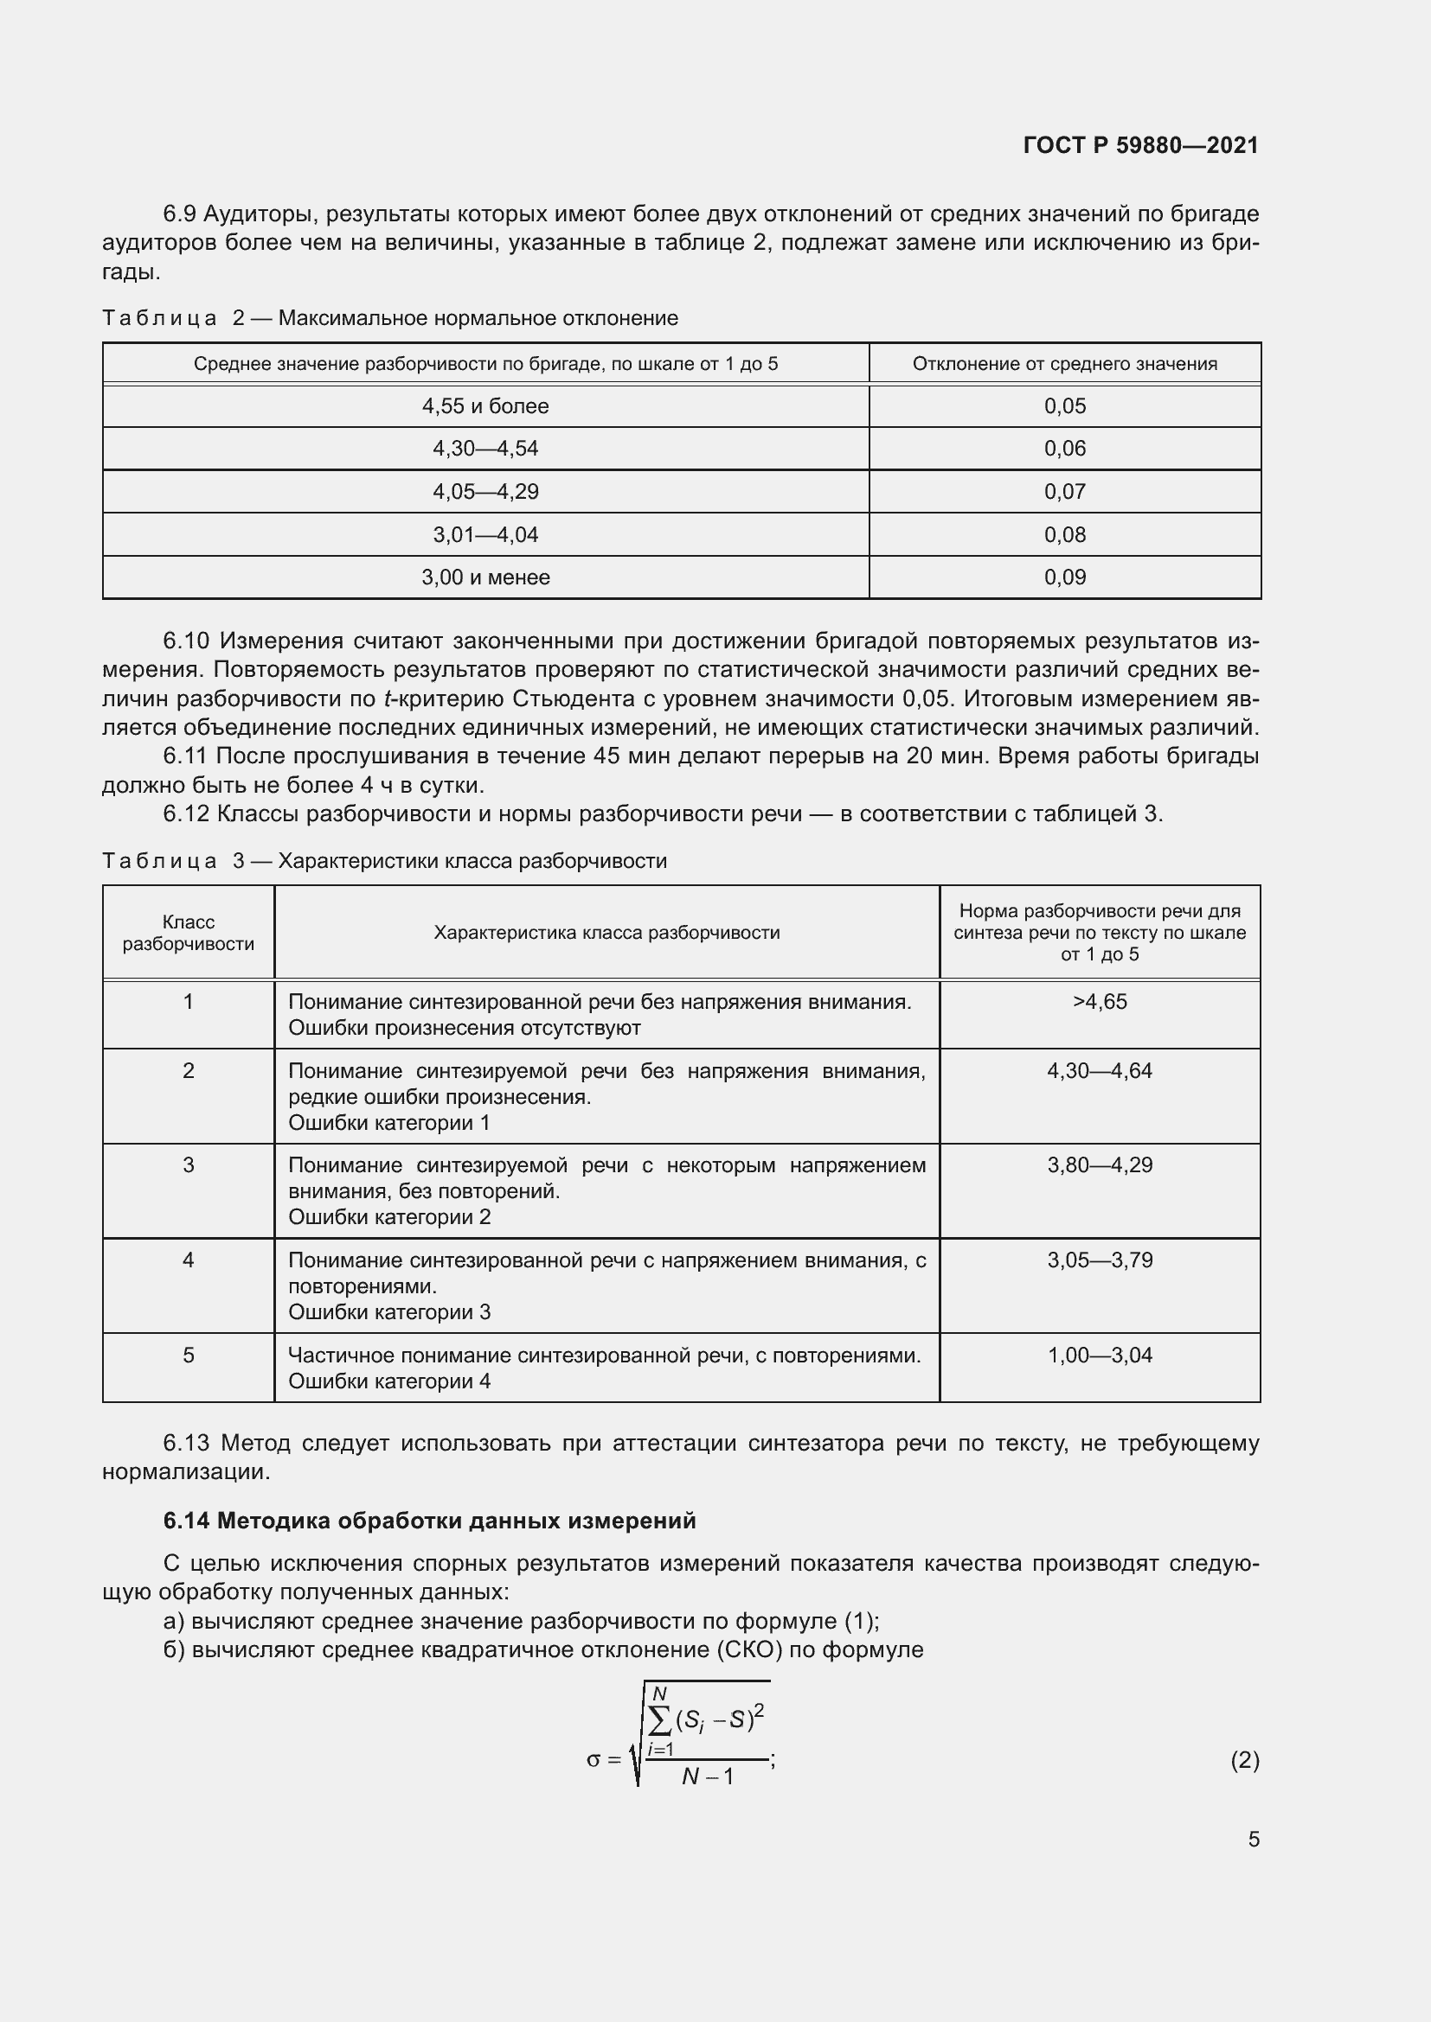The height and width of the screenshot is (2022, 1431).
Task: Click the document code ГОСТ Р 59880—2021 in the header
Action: pos(1141,145)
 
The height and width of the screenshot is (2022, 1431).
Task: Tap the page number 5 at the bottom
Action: pos(1253,1839)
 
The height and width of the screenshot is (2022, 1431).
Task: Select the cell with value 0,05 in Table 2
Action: pos(1064,406)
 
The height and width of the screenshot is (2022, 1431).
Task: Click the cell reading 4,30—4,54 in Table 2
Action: pos(485,449)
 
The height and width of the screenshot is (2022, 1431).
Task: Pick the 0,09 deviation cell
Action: pos(1064,577)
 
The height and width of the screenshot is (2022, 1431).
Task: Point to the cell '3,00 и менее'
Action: pos(485,577)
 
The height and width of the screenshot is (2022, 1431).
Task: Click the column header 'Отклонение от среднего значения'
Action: pos(1064,364)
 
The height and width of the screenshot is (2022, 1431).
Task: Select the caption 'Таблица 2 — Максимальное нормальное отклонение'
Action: pos(389,318)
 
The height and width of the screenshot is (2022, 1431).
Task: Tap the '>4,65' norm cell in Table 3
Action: pos(1100,1001)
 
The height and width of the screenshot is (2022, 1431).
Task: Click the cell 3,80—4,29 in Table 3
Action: pos(1100,1165)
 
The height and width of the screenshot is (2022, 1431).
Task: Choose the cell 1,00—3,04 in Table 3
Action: pos(1100,1355)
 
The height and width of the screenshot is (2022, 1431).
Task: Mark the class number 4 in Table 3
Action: pos(188,1260)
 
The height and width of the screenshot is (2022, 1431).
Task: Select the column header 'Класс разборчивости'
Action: pos(188,933)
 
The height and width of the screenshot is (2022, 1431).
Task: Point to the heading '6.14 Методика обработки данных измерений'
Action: pos(429,1521)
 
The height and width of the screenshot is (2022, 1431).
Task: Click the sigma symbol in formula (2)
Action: pos(593,1759)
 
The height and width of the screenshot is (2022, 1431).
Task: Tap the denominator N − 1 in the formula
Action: pos(707,1776)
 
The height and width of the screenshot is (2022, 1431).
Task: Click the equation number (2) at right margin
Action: pos(1244,1759)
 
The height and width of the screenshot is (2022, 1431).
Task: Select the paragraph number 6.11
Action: pos(185,756)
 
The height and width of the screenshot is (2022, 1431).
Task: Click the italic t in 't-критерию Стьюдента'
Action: pos(387,698)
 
